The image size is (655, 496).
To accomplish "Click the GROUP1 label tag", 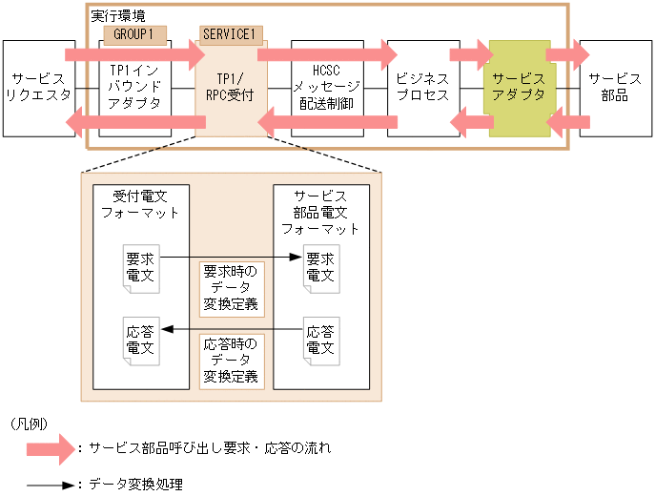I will click(x=134, y=34).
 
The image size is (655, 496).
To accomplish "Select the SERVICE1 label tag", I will click(x=230, y=34).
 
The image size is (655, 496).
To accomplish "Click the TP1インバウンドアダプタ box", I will click(x=135, y=88).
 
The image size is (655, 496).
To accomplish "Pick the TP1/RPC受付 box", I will click(x=230, y=88).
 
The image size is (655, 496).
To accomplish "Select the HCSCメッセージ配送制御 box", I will click(x=327, y=88).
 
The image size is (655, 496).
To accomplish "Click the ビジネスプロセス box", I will click(x=422, y=88).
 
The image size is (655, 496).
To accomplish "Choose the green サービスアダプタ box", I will click(x=520, y=88).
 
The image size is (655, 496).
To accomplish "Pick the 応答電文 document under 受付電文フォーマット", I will click(x=141, y=341).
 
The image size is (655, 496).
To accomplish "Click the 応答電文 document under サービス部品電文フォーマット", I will click(x=319, y=341).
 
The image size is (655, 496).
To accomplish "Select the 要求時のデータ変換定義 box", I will click(x=231, y=289).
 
